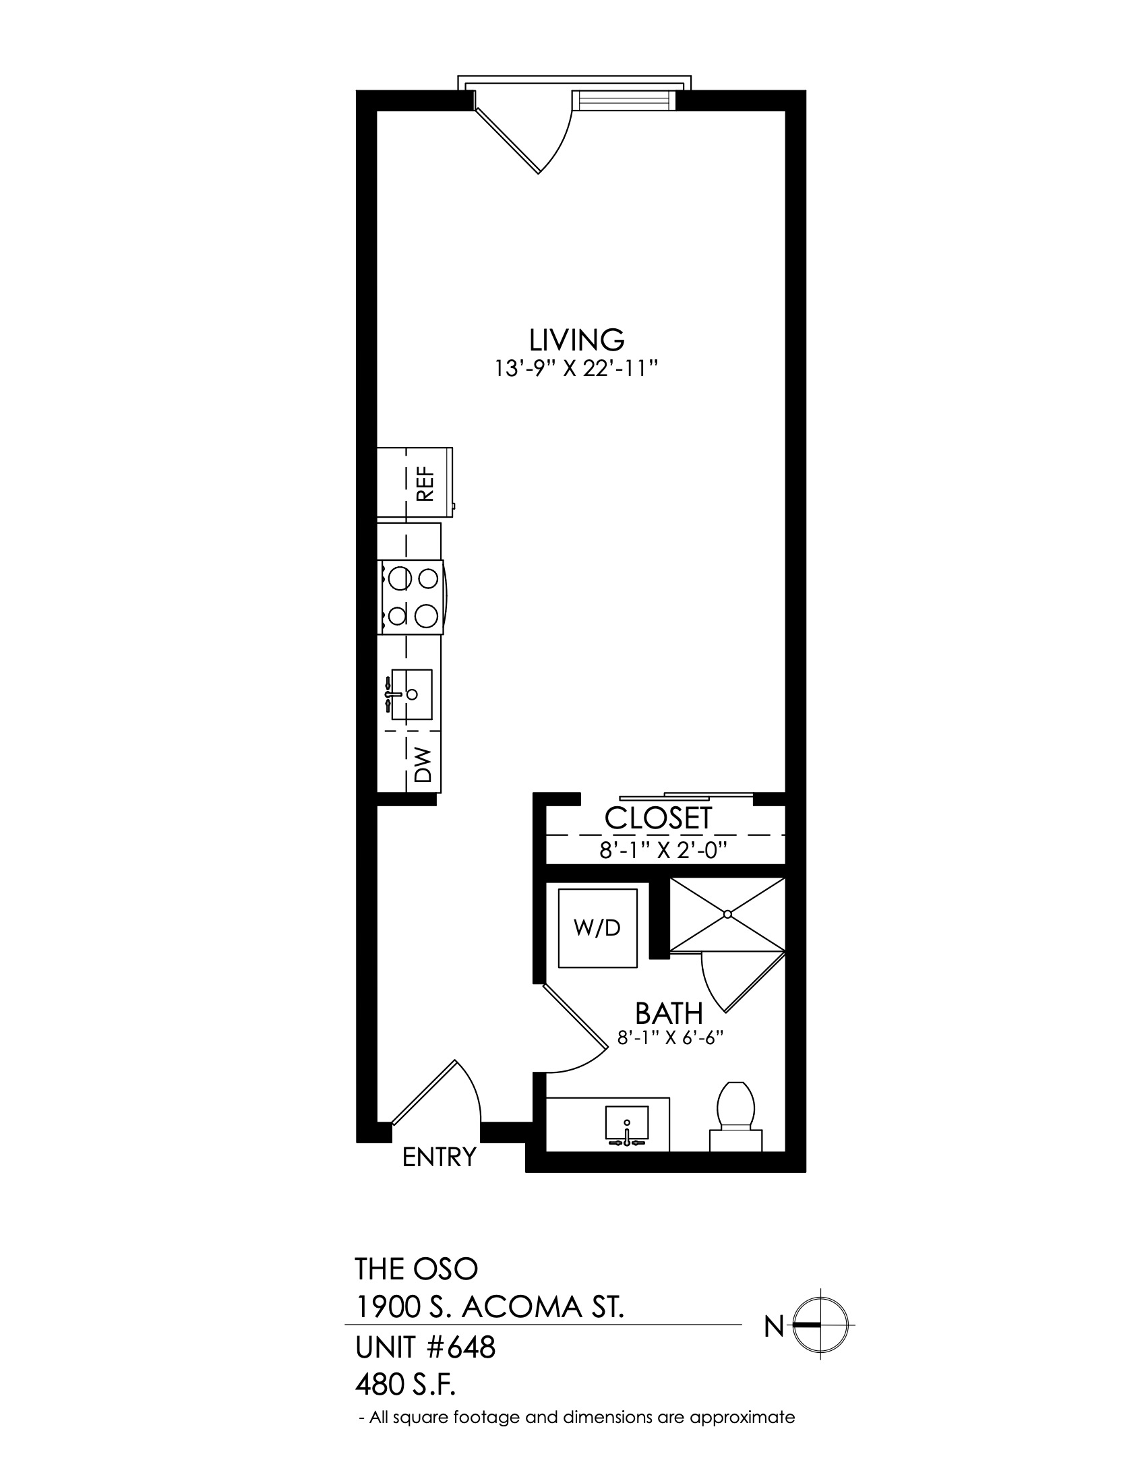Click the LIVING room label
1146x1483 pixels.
(x=576, y=338)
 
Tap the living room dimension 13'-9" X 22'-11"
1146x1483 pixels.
(x=576, y=369)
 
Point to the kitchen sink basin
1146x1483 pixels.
(x=411, y=694)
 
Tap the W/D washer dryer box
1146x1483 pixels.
(x=597, y=928)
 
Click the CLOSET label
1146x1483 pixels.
(x=658, y=818)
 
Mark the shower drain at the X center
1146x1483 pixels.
(x=727, y=914)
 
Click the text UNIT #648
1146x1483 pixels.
(x=425, y=1348)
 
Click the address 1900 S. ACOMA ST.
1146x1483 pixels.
(x=490, y=1307)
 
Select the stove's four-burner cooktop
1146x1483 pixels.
(x=412, y=597)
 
